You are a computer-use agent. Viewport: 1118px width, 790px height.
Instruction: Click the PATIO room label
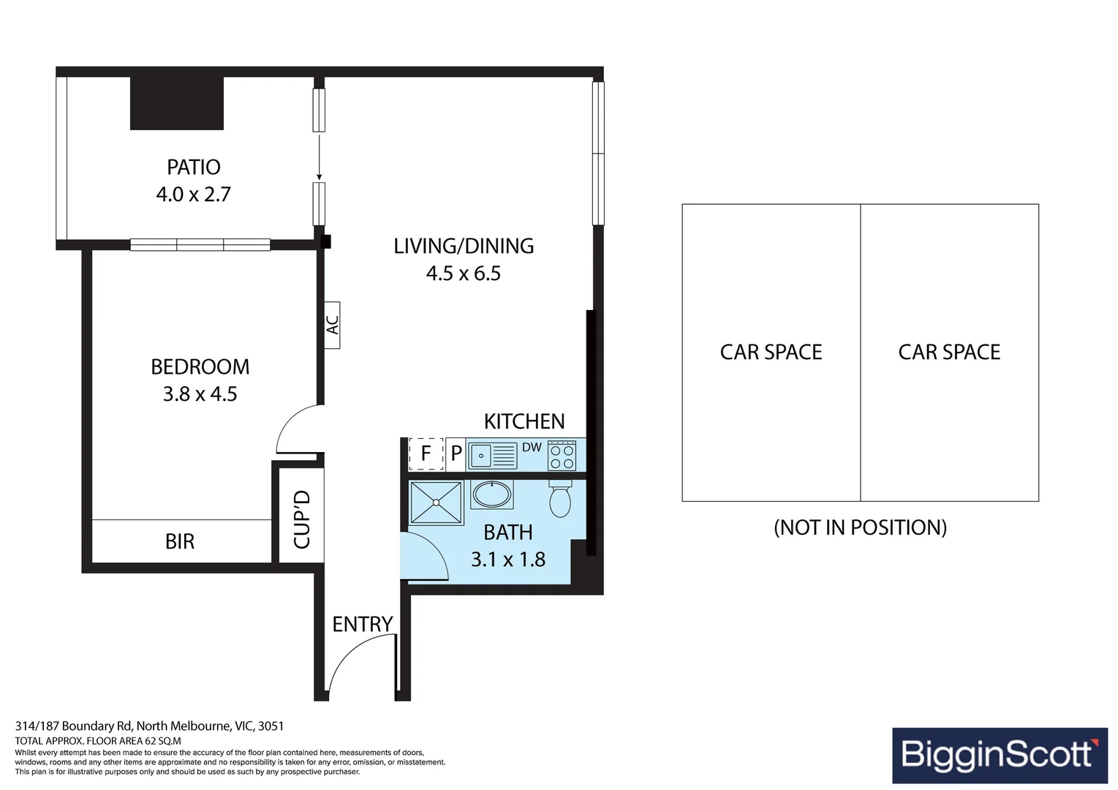[x=193, y=168]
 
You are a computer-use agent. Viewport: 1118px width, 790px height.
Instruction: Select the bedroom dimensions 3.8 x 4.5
[x=200, y=394]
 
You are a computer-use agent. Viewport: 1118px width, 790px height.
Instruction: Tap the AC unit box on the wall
[x=332, y=325]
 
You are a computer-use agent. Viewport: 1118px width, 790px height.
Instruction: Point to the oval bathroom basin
[x=491, y=494]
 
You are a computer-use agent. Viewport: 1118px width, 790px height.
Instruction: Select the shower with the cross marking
[x=436, y=503]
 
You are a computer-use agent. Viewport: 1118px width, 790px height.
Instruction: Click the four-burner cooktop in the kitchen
[x=562, y=456]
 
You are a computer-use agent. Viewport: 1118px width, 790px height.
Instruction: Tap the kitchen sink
[x=492, y=456]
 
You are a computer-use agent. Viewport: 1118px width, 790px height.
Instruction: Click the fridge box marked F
[x=426, y=454]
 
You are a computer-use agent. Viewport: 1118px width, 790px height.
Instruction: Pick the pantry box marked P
[x=456, y=454]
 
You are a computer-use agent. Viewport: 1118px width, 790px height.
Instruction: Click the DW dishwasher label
[x=532, y=448]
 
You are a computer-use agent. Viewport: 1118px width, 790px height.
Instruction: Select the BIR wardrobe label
[x=180, y=542]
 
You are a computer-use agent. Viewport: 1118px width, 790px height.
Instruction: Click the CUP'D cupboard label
[x=301, y=519]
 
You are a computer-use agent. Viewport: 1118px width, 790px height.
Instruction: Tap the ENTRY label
[x=362, y=625]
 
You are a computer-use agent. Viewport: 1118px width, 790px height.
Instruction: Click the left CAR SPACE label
[x=771, y=353]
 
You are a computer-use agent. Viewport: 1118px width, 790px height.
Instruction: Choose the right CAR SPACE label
[x=949, y=353]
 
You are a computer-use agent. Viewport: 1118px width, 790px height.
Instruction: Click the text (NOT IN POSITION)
[x=860, y=527]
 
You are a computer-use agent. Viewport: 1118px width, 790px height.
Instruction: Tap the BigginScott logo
[x=1000, y=755]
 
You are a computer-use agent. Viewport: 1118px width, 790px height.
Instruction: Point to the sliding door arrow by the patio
[x=319, y=157]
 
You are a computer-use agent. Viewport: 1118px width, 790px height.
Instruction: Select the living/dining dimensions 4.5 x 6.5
[x=463, y=274]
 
